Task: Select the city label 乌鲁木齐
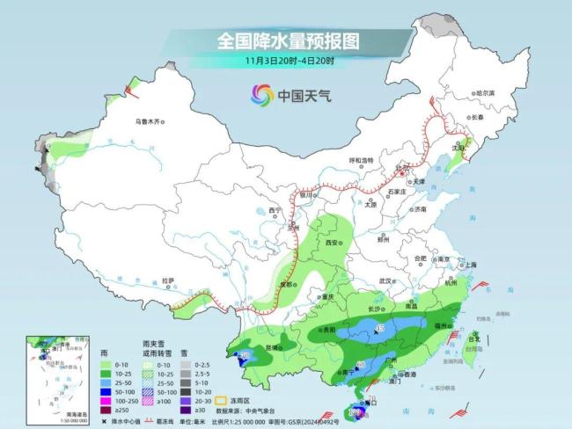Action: coord(149,121)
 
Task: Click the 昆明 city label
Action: coord(272,348)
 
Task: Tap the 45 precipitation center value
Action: coord(380,328)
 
